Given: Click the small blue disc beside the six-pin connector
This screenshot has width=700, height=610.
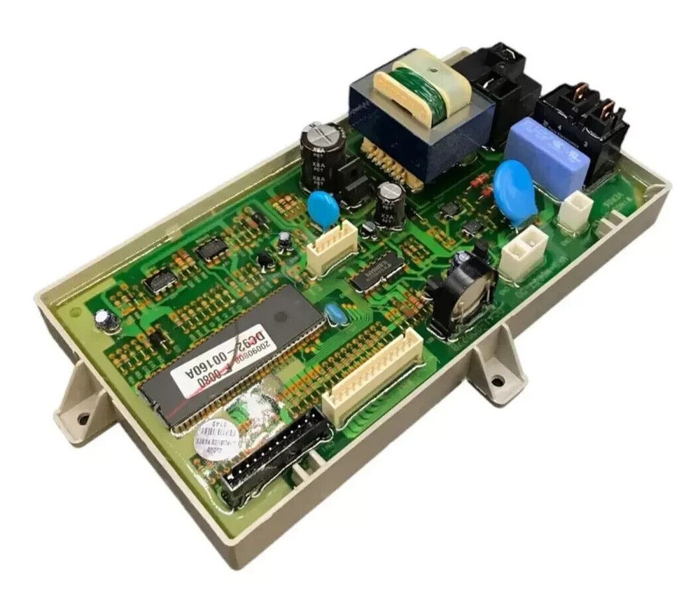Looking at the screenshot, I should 323,208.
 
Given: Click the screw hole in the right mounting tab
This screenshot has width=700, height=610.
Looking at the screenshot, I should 497,382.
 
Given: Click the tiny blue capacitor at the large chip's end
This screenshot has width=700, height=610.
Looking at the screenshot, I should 335,313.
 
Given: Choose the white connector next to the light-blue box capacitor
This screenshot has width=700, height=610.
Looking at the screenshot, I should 576,209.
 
